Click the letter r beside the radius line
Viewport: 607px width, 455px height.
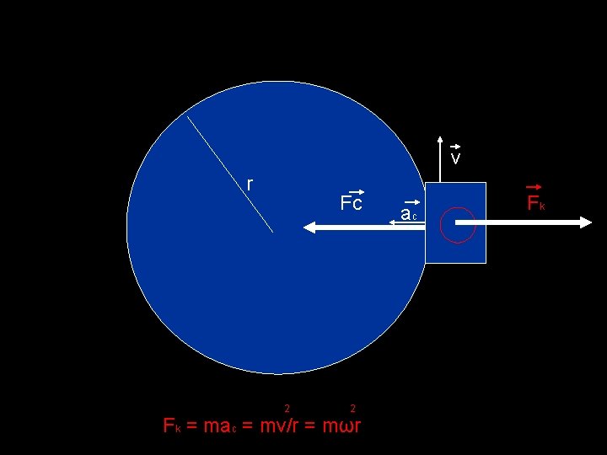click(250, 184)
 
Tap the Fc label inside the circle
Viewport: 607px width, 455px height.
click(351, 204)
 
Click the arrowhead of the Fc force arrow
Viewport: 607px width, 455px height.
click(309, 227)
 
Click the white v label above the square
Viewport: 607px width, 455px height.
click(455, 158)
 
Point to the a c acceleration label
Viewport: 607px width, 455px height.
click(409, 215)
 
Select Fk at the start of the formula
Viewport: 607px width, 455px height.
click(171, 426)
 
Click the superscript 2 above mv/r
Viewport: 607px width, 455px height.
click(287, 409)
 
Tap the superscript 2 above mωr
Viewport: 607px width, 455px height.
click(352, 409)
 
